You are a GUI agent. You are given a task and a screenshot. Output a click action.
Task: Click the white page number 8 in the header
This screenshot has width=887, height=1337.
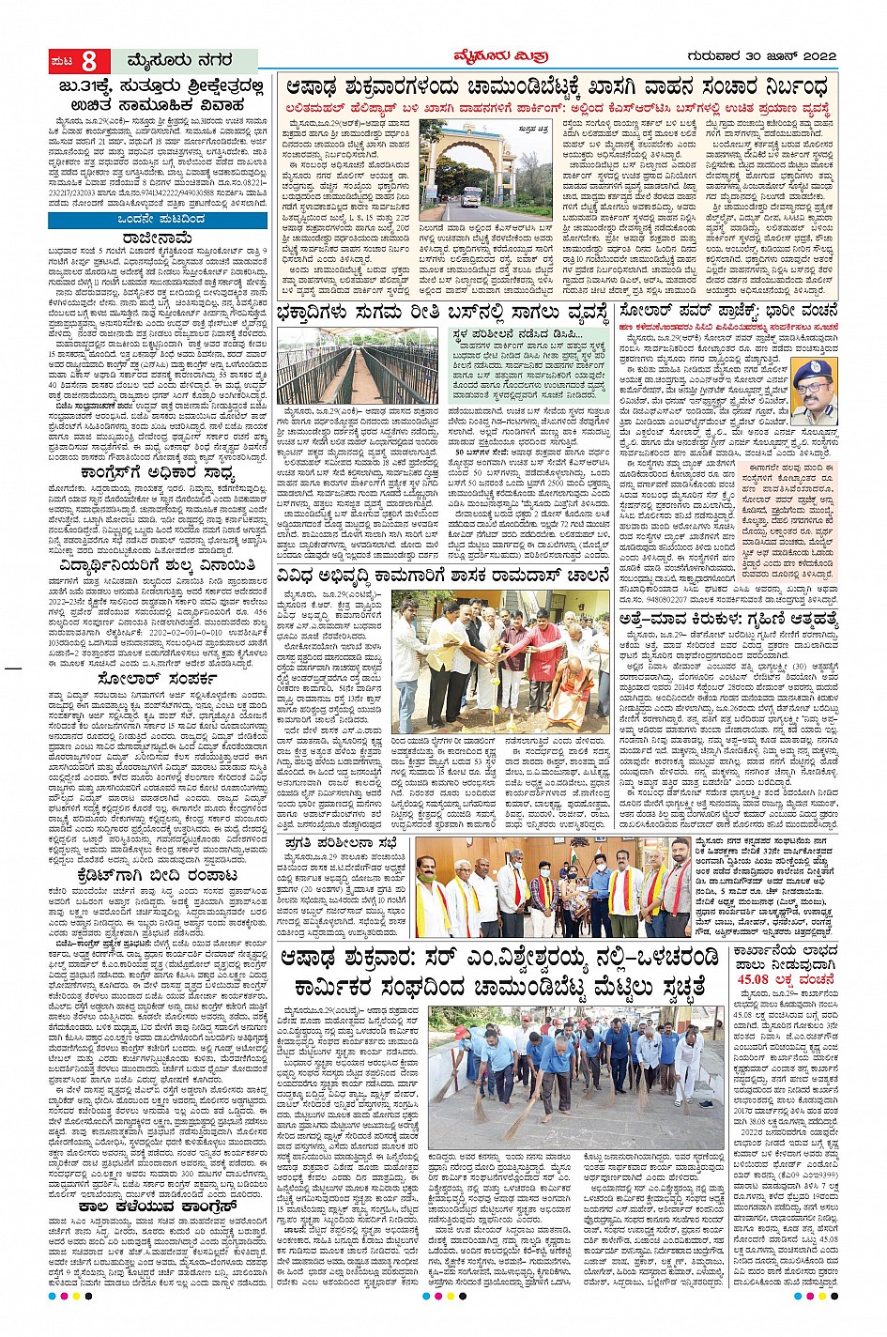pyautogui.click(x=88, y=62)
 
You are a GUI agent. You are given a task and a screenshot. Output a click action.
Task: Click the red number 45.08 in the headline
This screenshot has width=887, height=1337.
pyautogui.click(x=769, y=976)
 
